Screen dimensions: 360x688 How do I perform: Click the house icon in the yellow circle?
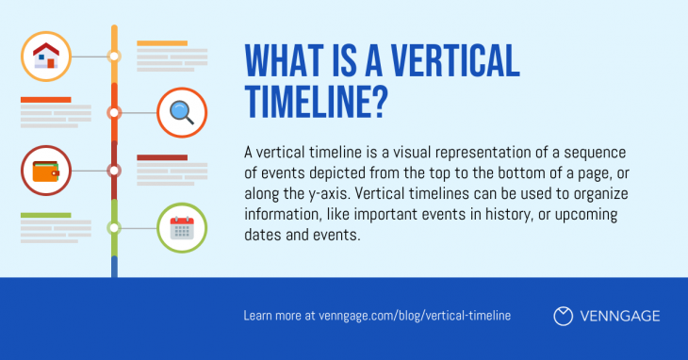coord(45,56)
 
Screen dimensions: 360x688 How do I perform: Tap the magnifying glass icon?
coord(181,112)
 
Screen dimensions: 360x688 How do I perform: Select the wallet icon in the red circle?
coord(45,171)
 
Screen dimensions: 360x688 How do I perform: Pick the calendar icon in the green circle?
coord(181,228)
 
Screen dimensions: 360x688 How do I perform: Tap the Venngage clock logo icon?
coord(563,316)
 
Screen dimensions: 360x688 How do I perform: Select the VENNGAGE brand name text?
coord(621,316)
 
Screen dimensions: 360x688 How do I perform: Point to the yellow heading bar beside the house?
coord(162,43)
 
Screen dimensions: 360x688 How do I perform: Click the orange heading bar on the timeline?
coord(45,99)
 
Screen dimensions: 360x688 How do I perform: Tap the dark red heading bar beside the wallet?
coord(162,157)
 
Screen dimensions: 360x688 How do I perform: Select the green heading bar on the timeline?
coord(45,215)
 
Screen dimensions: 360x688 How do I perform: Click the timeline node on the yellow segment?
coord(114,56)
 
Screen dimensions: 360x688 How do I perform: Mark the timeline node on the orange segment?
coord(114,112)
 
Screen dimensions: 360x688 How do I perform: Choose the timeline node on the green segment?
coord(114,228)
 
